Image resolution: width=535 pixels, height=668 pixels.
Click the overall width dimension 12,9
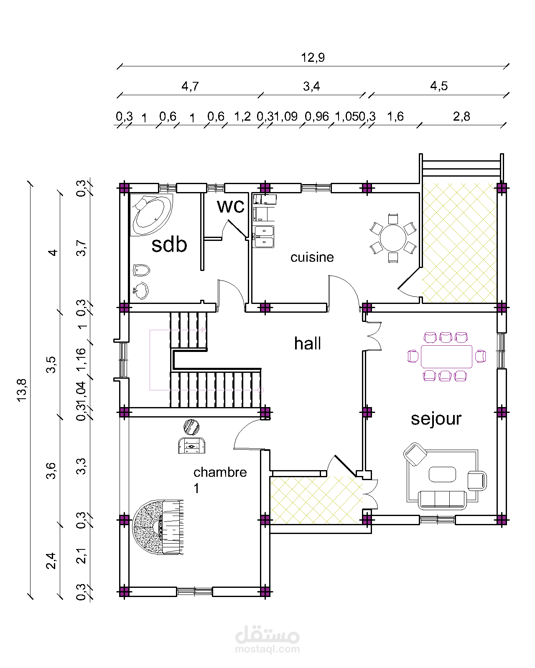pyautogui.click(x=313, y=58)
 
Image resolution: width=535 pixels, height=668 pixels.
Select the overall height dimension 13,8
pyautogui.click(x=21, y=390)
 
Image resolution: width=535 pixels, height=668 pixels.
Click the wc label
pyautogui.click(x=231, y=206)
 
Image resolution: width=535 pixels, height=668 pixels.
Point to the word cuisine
pyautogui.click(x=312, y=257)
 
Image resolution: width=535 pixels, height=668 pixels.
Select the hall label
pyautogui.click(x=308, y=344)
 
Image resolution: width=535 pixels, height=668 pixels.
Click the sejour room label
pyautogui.click(x=436, y=419)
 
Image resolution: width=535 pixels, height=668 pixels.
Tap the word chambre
pyautogui.click(x=220, y=472)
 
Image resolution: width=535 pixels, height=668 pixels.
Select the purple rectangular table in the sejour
pyautogui.click(x=446, y=356)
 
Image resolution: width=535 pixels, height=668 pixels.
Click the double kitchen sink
pyautogui.click(x=263, y=237)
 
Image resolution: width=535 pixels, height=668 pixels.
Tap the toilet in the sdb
pyautogui.click(x=141, y=271)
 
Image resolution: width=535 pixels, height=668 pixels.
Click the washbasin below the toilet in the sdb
pyautogui.click(x=141, y=290)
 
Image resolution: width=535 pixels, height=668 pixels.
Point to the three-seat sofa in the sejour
pyautogui.click(x=442, y=500)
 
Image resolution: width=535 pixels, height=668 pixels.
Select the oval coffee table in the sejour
pyautogui.click(x=442, y=474)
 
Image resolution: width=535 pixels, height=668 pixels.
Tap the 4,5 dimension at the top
pyautogui.click(x=438, y=86)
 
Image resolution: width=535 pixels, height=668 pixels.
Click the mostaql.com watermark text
pyautogui.click(x=267, y=649)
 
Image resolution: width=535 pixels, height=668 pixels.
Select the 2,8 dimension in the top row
pyautogui.click(x=461, y=116)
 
